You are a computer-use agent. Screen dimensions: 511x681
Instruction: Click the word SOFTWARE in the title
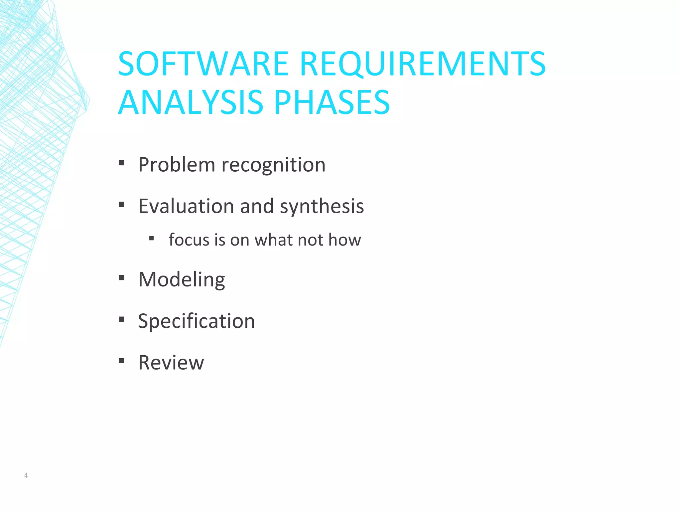click(x=203, y=64)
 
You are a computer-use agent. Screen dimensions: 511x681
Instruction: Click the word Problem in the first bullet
click(x=177, y=165)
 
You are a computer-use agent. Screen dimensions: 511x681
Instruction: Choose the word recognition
click(x=273, y=165)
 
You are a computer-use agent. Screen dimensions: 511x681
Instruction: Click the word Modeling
click(x=182, y=280)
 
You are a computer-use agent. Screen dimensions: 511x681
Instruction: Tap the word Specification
click(x=197, y=321)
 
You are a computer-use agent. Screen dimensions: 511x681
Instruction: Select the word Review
click(x=171, y=363)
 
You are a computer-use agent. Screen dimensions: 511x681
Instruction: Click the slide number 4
click(x=26, y=475)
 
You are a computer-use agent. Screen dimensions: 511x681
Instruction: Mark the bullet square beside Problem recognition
click(x=121, y=163)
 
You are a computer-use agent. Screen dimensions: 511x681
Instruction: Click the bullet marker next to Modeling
click(x=121, y=278)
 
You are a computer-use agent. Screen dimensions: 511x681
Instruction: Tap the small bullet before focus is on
click(x=152, y=238)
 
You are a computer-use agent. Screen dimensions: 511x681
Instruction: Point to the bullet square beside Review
click(x=121, y=361)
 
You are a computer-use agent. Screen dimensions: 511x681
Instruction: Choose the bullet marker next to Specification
click(x=121, y=319)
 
